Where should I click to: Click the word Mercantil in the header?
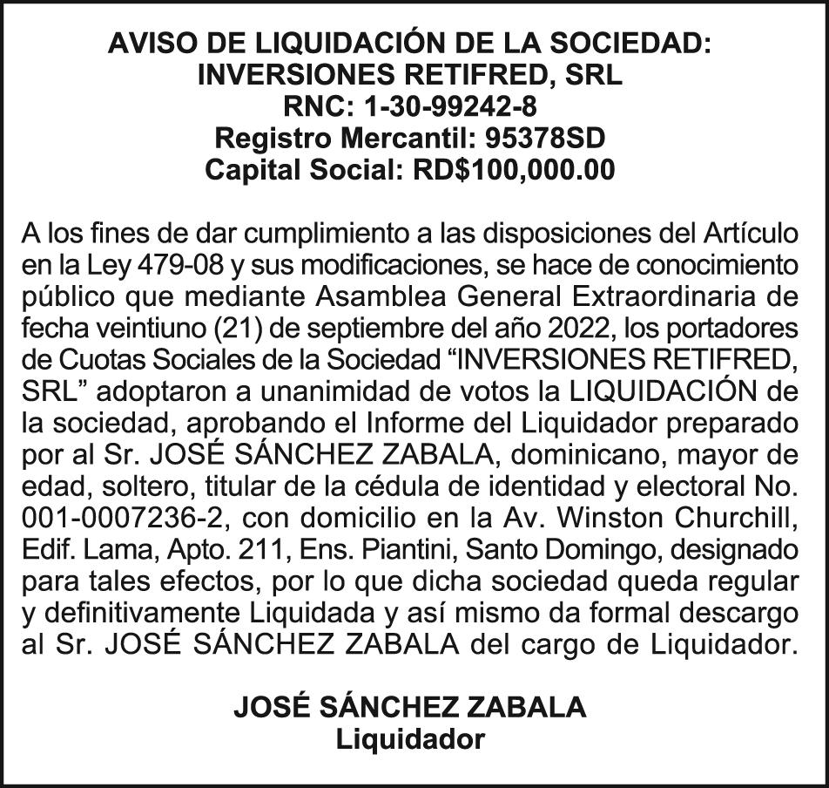(409, 138)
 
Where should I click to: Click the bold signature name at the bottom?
(409, 707)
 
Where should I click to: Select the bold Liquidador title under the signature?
(409, 740)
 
